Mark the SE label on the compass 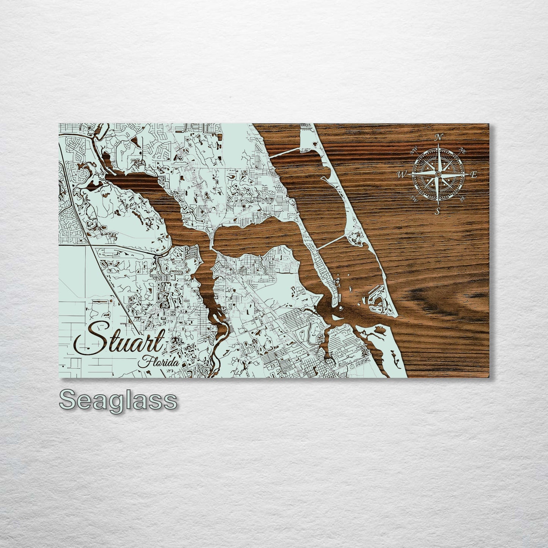(462, 198)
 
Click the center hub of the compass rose (438, 174)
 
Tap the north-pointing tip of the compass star (438, 144)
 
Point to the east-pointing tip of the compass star (469, 174)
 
